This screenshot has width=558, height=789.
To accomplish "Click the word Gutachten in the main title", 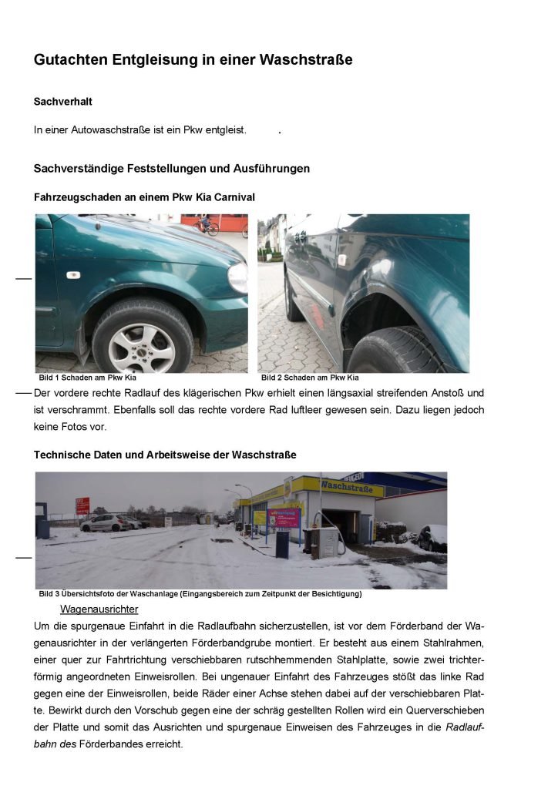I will [69, 59].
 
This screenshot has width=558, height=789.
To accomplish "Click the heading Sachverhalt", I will [63, 102].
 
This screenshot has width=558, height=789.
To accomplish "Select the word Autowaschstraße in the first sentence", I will [108, 130].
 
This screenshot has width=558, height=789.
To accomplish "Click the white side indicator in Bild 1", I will [73, 275].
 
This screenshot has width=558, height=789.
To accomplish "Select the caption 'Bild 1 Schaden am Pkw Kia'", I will [87, 378].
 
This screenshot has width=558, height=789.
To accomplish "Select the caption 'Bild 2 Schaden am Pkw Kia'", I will [310, 378].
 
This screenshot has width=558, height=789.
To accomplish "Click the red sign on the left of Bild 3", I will [82, 506].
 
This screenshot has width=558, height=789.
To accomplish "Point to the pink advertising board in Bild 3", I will [284, 516].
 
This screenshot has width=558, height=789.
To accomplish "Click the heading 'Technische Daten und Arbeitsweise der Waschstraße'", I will [165, 455].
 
